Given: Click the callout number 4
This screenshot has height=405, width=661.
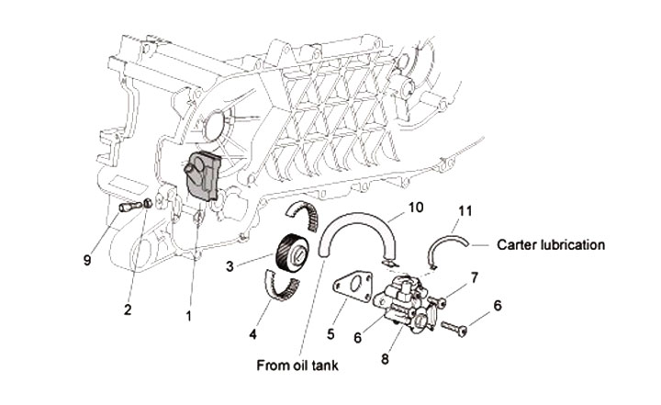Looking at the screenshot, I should click(x=251, y=329).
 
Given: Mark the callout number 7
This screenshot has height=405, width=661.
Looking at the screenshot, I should click(x=475, y=276).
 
